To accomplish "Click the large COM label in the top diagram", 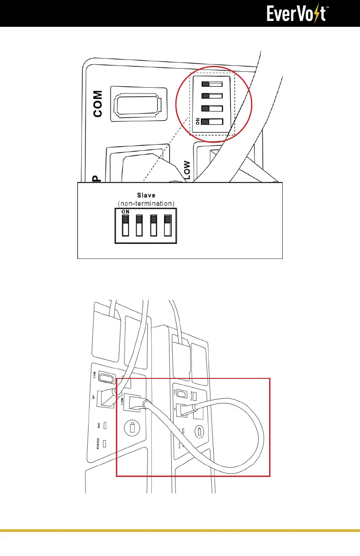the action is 98,104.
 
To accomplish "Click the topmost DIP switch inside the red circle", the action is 212,84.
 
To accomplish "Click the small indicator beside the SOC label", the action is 105,426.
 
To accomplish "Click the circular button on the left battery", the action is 132,427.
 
